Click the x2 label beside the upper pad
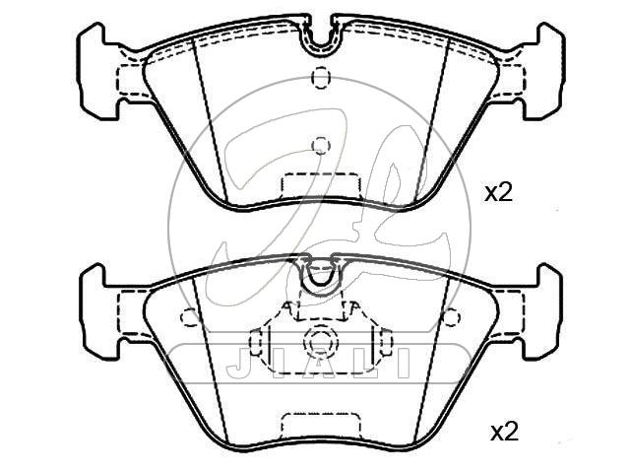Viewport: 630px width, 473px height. click(499, 194)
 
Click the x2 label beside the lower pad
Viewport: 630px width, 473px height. click(504, 433)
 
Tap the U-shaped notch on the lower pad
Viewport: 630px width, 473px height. click(320, 277)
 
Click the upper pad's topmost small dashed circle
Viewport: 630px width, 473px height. click(321, 77)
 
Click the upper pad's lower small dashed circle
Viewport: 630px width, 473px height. click(321, 145)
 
